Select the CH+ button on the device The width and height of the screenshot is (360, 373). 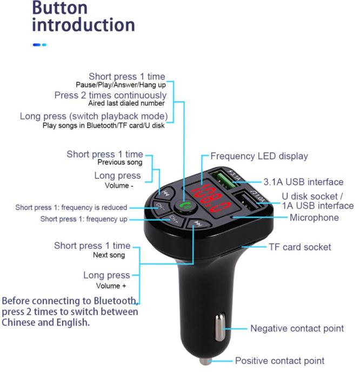pyautogui.click(x=174, y=219)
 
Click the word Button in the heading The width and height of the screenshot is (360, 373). pyautogui.click(x=60, y=8)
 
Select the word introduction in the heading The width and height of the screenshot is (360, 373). pyautogui.click(x=83, y=25)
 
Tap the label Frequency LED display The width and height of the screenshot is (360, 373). pyautogui.click(x=259, y=156)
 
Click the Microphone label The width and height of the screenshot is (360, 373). pyautogui.click(x=314, y=218)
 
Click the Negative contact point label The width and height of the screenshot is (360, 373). pyautogui.click(x=297, y=328)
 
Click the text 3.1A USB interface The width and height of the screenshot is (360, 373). pyautogui.click(x=303, y=182)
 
